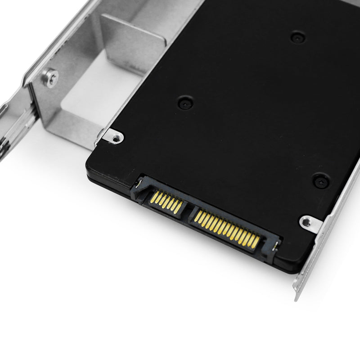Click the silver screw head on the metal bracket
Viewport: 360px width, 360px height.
(50, 77)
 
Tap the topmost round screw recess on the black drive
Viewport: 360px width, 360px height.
(298, 37)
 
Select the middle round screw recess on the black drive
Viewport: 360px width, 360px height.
(185, 103)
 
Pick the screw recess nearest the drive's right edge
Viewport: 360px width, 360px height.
(321, 181)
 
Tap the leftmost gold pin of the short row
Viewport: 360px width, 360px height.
(153, 196)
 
